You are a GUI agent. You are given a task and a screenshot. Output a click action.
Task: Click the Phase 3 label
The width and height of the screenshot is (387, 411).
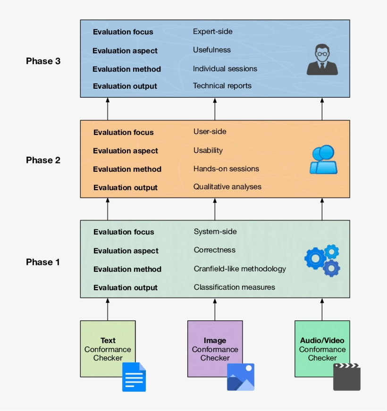(43, 61)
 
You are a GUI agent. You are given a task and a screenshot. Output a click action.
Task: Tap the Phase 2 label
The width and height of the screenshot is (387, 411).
(43, 160)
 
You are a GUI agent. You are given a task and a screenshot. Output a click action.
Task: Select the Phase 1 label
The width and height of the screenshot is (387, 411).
(42, 262)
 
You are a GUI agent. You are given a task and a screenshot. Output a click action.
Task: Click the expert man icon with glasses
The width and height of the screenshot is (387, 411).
(322, 59)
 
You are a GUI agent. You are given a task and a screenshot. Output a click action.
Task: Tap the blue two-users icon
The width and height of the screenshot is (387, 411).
(323, 159)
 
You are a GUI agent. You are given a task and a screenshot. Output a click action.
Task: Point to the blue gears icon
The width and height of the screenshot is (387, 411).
(322, 260)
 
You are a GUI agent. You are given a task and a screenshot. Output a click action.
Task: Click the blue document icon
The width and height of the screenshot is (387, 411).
(134, 377)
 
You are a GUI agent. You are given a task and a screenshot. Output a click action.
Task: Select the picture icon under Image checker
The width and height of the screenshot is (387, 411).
(241, 377)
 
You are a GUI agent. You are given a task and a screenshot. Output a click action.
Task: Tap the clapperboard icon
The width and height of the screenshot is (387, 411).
(347, 377)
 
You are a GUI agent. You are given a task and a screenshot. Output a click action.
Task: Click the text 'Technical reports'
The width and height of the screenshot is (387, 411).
(222, 86)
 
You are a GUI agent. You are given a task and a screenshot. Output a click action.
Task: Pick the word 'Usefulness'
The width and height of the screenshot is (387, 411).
(211, 50)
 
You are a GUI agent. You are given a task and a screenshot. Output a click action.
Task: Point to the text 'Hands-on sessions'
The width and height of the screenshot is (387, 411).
(226, 168)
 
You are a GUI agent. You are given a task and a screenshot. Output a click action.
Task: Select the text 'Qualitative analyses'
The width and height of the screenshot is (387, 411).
(227, 186)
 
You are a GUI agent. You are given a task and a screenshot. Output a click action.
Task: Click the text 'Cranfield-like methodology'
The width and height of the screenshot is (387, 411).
(240, 268)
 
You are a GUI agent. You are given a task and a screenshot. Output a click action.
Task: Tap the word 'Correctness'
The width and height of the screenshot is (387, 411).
(214, 250)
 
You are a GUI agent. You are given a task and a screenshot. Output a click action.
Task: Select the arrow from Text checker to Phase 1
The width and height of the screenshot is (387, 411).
(108, 310)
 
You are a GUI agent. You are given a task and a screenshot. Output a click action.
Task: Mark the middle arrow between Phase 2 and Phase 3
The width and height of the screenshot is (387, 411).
(215, 109)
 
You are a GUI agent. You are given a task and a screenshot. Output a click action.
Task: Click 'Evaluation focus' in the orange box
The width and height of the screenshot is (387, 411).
(123, 133)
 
